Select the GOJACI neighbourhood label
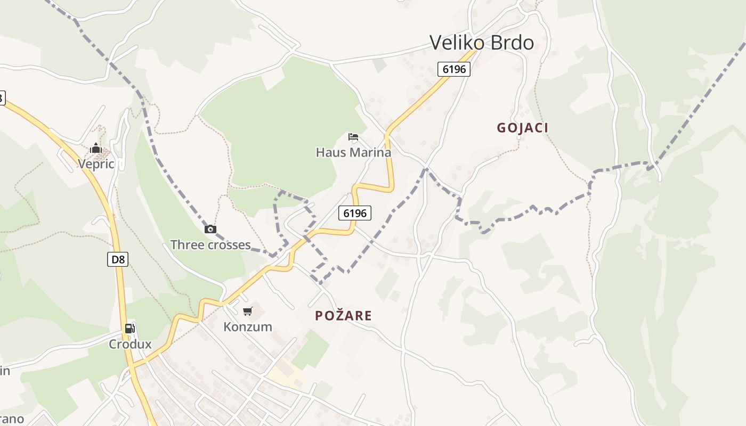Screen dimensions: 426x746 (522, 128)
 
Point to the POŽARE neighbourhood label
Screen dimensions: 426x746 (343, 315)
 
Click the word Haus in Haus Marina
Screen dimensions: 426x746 (331, 152)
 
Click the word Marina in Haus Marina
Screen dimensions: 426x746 (369, 152)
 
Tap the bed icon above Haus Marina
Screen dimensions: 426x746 (353, 137)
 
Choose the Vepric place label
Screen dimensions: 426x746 (96, 163)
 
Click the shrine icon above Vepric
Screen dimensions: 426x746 (96, 149)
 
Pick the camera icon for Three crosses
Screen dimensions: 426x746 (210, 230)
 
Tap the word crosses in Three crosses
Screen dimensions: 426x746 (230, 245)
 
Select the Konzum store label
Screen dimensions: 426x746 (248, 326)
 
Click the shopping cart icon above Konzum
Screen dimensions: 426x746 (248, 311)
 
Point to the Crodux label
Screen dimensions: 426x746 (130, 344)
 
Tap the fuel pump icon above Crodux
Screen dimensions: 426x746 (129, 329)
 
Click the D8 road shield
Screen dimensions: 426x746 (118, 260)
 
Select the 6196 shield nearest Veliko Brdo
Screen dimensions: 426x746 (454, 69)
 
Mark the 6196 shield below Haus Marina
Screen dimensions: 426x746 (355, 213)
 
